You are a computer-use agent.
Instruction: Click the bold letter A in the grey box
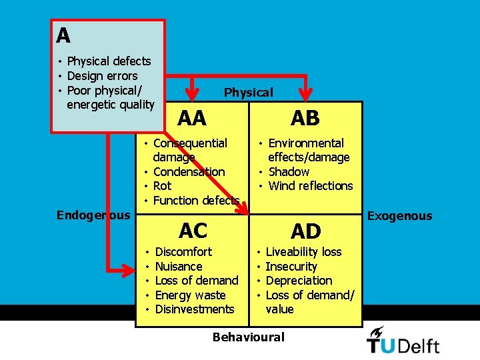tap(63, 35)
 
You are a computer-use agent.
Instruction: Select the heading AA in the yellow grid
tap(192, 118)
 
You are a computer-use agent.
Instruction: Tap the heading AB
tap(305, 118)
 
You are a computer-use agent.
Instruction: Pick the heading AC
tap(193, 231)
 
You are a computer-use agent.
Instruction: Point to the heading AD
tap(306, 231)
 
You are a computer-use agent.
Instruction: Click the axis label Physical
tap(249, 93)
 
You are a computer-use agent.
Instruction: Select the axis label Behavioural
tap(249, 337)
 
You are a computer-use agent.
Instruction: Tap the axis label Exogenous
tap(400, 216)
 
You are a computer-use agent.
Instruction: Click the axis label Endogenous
tap(93, 215)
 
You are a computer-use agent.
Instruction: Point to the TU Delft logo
tap(403, 341)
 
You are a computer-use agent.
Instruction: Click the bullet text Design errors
tap(102, 76)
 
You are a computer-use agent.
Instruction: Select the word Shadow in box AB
tap(289, 172)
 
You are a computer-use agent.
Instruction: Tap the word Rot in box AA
tap(162, 186)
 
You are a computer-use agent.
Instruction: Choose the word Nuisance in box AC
tap(179, 266)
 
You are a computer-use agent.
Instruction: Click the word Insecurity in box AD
tap(291, 267)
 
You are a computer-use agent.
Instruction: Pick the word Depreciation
tap(299, 281)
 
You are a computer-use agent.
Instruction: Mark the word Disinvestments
tap(195, 309)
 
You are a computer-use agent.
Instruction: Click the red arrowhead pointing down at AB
tap(305, 94)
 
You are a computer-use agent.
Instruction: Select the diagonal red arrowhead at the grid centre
tap(243, 208)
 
